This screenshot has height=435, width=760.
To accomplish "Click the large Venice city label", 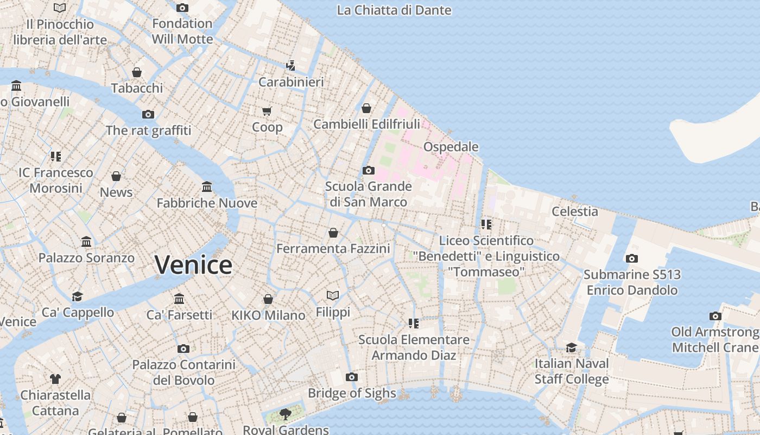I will (193, 265).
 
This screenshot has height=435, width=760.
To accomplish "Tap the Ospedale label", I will (451, 147).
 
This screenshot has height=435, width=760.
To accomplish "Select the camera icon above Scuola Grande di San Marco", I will (369, 171).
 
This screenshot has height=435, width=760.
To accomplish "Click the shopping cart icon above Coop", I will (267, 111).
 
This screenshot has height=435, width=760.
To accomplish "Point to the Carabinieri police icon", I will (291, 66).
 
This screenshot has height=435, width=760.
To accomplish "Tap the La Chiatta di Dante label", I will (394, 10).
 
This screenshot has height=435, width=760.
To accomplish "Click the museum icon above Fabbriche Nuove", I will (207, 187).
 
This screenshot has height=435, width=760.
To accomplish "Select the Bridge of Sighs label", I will (352, 393).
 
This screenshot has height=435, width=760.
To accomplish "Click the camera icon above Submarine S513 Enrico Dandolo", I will (631, 259).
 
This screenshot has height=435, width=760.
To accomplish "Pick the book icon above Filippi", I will (333, 296).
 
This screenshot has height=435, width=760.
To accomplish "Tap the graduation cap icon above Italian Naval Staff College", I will (571, 347).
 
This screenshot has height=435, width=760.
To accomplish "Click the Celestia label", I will (575, 212).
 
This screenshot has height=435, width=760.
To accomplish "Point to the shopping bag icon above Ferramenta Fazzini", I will (333, 233).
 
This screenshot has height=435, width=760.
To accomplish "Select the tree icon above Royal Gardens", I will (286, 414).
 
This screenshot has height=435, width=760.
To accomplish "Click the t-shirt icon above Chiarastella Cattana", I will (55, 379).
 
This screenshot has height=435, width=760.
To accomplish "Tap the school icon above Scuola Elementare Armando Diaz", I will (414, 324).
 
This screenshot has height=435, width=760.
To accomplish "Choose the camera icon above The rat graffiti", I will (148, 114).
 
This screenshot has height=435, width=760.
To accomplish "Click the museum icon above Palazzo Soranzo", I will (86, 241).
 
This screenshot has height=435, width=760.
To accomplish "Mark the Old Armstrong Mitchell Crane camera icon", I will (715, 316).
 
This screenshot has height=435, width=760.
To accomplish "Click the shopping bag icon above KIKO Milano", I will (268, 299).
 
